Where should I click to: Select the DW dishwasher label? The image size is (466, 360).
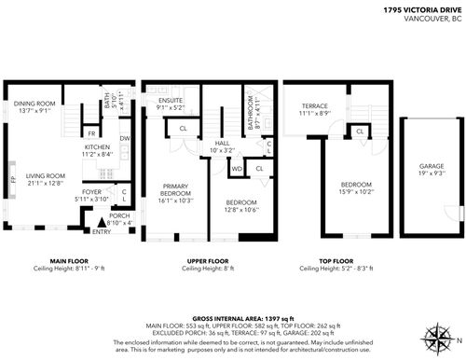point(125,139)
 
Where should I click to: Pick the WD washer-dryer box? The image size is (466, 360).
point(237,168)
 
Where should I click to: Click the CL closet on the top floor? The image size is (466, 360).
point(359,132)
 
